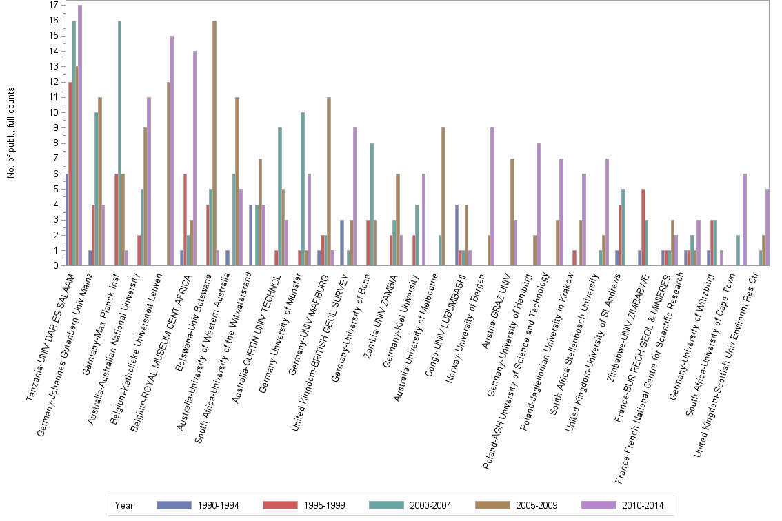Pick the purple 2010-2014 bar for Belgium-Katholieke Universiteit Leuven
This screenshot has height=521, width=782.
coord(172,151)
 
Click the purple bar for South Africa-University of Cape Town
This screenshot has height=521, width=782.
coord(745,220)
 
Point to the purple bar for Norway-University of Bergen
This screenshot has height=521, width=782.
coord(492,196)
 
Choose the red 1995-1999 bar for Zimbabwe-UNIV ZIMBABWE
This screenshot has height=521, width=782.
coord(643,227)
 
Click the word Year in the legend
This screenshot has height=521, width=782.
coord(125,505)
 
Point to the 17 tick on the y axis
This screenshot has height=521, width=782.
coord(54,6)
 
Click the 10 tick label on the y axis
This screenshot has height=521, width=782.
coord(54,112)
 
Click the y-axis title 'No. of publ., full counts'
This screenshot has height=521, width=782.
coord(11,133)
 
